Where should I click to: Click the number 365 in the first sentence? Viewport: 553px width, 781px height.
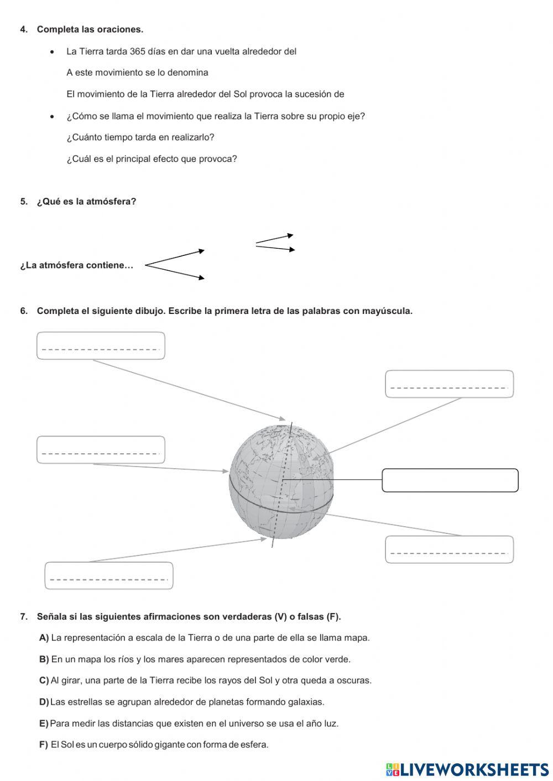[137, 51]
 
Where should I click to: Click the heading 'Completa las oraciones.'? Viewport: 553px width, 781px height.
[90, 29]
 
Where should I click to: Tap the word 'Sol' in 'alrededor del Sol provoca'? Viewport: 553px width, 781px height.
[240, 94]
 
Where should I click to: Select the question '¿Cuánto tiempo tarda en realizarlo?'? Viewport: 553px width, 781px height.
[140, 137]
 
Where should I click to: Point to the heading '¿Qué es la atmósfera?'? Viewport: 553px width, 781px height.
[86, 201]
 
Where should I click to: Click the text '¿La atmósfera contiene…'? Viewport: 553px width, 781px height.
[77, 265]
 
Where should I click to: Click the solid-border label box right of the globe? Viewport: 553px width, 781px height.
[450, 480]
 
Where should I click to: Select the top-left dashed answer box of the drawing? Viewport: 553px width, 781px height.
[101, 345]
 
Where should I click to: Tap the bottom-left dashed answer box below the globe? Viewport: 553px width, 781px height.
[108, 575]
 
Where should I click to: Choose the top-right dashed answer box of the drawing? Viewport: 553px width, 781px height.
[449, 384]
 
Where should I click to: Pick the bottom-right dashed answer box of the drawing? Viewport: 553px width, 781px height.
[449, 549]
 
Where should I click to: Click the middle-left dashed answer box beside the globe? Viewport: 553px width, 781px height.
[101, 449]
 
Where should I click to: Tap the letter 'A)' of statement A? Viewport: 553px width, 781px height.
[44, 638]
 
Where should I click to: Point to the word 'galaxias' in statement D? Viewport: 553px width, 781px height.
[306, 702]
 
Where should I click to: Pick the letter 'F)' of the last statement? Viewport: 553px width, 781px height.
[44, 745]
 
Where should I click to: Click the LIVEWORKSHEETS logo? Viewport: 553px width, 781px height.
[467, 769]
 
